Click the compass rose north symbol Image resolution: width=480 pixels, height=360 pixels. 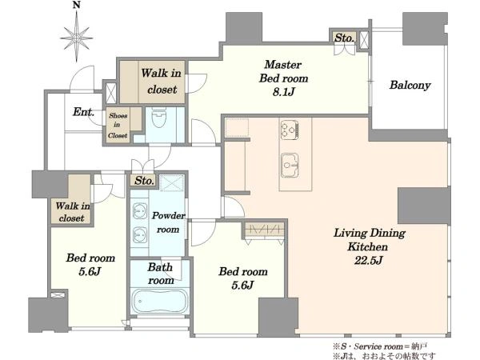point(77,38)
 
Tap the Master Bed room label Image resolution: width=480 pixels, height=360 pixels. point(283,71)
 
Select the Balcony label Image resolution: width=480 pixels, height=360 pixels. point(410,85)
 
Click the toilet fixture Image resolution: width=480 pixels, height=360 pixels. point(159,118)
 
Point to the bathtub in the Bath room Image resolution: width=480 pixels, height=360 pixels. point(159,301)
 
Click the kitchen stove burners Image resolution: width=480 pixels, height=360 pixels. point(290,130)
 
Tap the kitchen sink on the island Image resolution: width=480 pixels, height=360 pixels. point(290,165)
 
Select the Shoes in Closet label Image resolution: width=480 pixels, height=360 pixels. point(118,126)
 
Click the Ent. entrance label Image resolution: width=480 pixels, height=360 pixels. point(83,112)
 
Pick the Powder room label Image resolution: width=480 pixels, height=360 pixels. point(168,222)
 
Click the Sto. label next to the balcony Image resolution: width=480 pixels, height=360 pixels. point(344,38)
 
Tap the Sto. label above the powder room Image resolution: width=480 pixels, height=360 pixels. point(144,181)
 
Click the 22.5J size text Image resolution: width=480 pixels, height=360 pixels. point(369,261)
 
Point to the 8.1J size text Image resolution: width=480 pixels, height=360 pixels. point(283,92)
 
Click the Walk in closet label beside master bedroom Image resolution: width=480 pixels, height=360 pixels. point(162,81)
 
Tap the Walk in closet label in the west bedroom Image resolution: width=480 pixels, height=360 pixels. point(73,212)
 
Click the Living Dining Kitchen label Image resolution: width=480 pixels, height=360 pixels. point(369,240)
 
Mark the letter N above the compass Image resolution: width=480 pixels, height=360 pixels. point(77,5)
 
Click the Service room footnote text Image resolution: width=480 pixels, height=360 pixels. point(379,346)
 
